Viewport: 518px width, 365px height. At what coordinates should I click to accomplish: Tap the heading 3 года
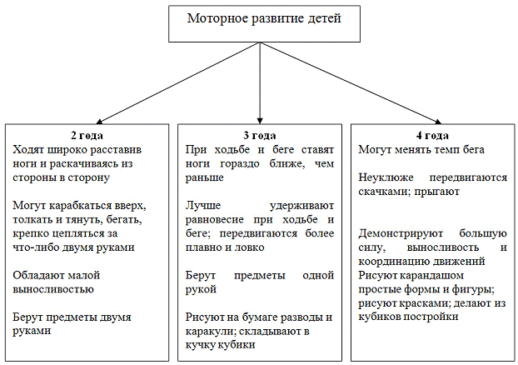[x=260, y=135]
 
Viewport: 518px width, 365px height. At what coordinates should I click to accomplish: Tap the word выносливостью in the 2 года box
[x=54, y=289]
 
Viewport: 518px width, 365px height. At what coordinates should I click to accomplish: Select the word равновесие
[x=221, y=220]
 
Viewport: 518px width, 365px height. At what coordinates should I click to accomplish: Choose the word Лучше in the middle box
[x=202, y=206]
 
